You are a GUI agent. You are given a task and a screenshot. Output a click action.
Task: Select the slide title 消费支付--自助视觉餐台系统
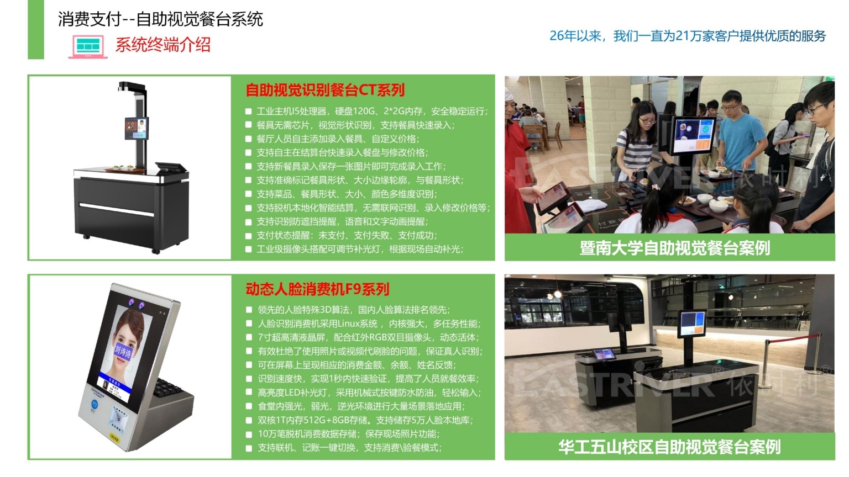(160, 19)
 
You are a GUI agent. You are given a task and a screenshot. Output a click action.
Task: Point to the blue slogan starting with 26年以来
(688, 36)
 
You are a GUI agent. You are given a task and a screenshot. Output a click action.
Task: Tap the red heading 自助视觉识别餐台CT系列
(325, 90)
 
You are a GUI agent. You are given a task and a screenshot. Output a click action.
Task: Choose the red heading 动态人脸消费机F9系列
(318, 289)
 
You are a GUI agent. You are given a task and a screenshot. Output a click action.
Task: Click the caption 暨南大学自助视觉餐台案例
(675, 248)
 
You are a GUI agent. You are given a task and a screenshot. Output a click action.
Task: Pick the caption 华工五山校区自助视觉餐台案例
(669, 447)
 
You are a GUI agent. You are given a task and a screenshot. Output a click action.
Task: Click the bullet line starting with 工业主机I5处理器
(372, 112)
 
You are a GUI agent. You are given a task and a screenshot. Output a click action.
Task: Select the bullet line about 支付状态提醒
(347, 236)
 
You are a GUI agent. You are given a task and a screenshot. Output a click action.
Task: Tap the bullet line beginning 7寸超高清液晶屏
(368, 337)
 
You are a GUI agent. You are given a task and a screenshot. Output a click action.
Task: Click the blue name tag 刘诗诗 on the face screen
(123, 352)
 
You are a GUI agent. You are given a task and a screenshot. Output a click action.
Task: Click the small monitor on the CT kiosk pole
(137, 129)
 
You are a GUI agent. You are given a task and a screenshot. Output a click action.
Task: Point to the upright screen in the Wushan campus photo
(692, 324)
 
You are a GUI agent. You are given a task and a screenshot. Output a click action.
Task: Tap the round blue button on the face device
(95, 404)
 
